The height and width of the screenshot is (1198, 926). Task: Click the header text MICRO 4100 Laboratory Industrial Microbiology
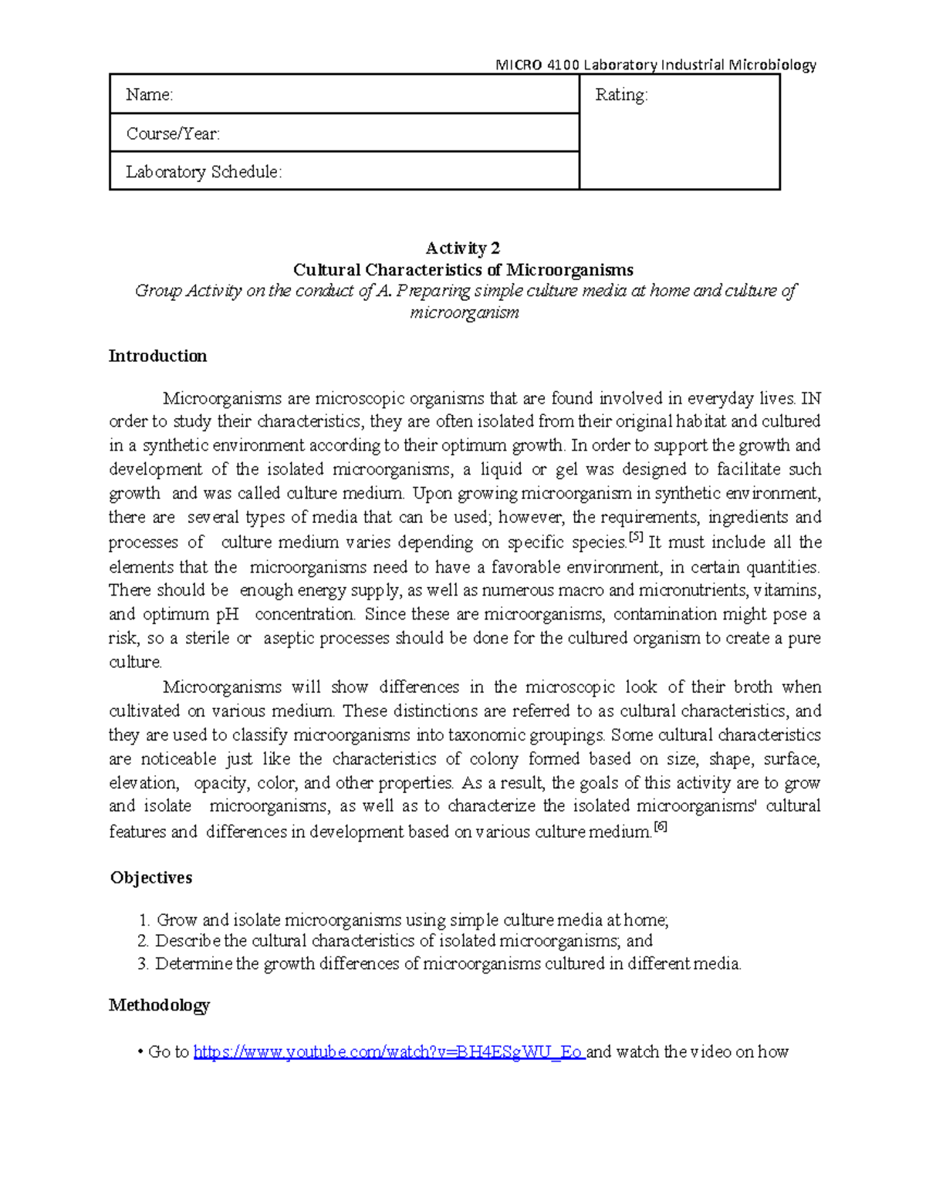(655, 65)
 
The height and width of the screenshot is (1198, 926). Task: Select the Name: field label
(150, 95)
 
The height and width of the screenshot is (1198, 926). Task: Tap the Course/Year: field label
(173, 133)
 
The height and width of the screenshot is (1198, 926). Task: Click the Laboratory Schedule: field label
(204, 171)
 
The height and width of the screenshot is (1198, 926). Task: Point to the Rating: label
(621, 95)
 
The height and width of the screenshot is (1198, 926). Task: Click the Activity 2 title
(463, 248)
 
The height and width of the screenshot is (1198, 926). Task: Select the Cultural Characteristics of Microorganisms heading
(463, 269)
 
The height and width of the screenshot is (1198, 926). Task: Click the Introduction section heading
(157, 356)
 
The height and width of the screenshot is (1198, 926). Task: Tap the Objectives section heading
(151, 878)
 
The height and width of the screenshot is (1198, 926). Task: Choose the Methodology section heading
(159, 1005)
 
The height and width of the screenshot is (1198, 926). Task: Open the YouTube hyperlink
(388, 1052)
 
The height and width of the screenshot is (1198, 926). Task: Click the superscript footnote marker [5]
(636, 538)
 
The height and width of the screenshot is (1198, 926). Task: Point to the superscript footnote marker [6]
(660, 827)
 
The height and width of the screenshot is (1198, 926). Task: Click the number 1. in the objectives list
(144, 920)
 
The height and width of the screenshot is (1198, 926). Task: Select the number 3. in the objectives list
(143, 963)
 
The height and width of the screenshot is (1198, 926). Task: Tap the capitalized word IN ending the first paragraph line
(811, 399)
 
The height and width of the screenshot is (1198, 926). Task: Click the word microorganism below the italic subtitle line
(464, 312)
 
